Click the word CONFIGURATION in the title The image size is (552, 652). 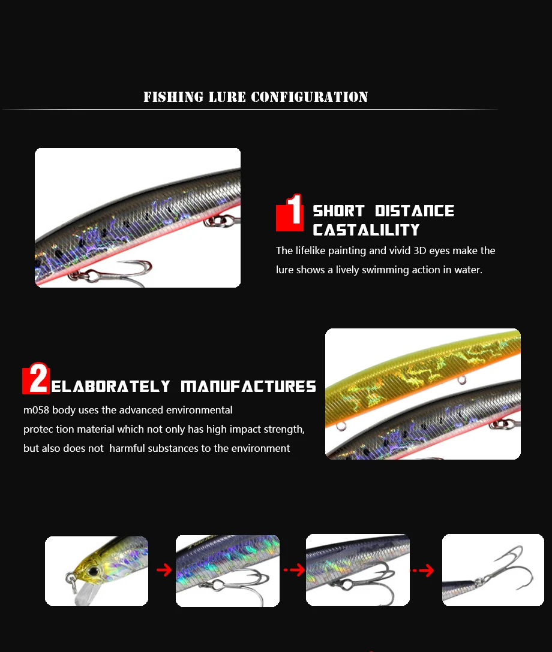310,97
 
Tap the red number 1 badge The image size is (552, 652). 290,212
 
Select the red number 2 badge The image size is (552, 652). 36,378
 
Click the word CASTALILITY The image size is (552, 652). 367,230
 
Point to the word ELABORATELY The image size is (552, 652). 111,387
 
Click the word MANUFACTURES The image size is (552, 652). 248,387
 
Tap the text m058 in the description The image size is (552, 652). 36,410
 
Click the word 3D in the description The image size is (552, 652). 419,250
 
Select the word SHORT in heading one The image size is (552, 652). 338,211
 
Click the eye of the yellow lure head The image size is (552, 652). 93,572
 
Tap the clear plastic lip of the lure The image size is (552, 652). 84,593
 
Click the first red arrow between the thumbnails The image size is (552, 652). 164,570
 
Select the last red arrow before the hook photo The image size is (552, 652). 422,570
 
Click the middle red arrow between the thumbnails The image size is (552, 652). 295,570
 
